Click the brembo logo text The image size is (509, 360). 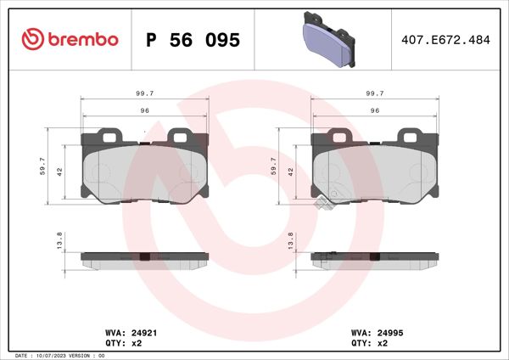pos(81,40)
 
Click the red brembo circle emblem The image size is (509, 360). pos(30,40)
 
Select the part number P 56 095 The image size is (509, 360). pos(193,41)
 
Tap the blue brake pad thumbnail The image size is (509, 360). pos(330,40)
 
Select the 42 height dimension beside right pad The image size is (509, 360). pos(291,172)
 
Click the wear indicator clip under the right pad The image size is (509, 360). pos(324,205)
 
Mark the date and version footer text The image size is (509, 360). pos(59,355)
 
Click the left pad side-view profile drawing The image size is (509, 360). pos(144,259)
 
